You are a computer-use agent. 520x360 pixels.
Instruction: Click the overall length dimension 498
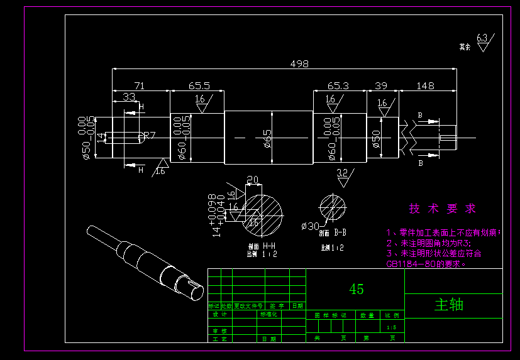coord(299,63)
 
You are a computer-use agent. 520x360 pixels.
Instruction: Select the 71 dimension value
coord(140,85)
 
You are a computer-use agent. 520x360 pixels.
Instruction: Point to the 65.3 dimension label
coord(338,85)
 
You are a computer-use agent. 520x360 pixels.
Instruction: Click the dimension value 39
coord(381,85)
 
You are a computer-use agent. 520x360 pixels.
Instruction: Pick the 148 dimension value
coord(426,85)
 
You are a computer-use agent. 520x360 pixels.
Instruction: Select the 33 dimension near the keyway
coord(128,97)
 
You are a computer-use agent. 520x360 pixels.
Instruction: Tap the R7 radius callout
coord(148,136)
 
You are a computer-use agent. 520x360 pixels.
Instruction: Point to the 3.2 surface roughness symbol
coord(343,177)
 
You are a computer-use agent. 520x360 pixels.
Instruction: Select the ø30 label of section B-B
coord(310,226)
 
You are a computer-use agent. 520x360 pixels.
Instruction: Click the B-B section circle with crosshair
coord(333,207)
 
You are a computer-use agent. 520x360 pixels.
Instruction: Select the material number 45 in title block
coord(356,289)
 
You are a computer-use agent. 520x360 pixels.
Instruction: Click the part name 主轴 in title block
coord(449,304)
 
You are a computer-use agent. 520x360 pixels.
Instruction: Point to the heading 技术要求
coord(442,209)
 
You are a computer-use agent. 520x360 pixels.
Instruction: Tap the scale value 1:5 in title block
coord(391,327)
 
